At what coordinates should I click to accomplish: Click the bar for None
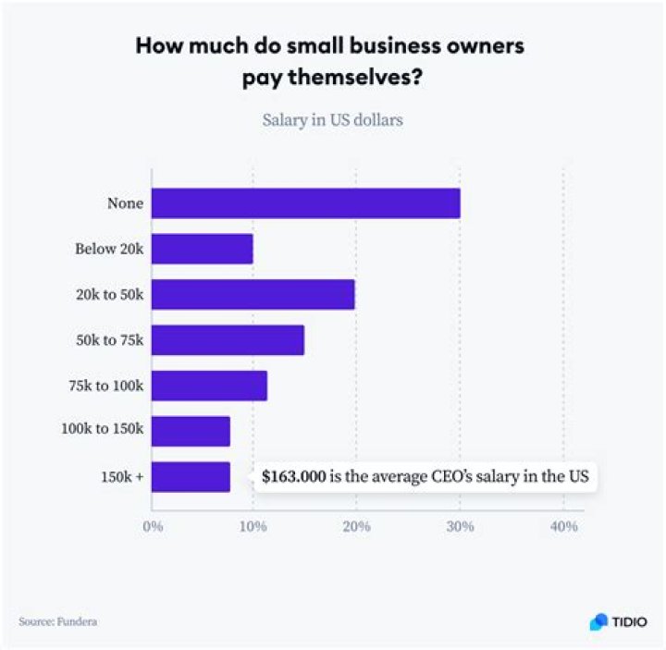point(305,203)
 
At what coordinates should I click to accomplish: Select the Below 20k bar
point(202,249)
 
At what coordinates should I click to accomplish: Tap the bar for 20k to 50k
point(253,294)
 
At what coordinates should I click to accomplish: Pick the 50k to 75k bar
point(228,339)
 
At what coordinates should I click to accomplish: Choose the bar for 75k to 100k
point(209,386)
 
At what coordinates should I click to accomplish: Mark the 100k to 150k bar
point(191,431)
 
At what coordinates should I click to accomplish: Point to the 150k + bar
point(191,477)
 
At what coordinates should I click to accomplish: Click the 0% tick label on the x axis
point(152,527)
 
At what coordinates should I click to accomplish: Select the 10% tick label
point(253,527)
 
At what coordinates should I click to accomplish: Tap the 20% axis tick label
point(356,527)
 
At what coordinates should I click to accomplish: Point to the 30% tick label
point(460,527)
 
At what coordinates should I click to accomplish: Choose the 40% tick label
point(563,527)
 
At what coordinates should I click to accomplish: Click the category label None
point(125,203)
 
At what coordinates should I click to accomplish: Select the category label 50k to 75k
point(110,339)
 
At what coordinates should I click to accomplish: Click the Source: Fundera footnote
point(57,621)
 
